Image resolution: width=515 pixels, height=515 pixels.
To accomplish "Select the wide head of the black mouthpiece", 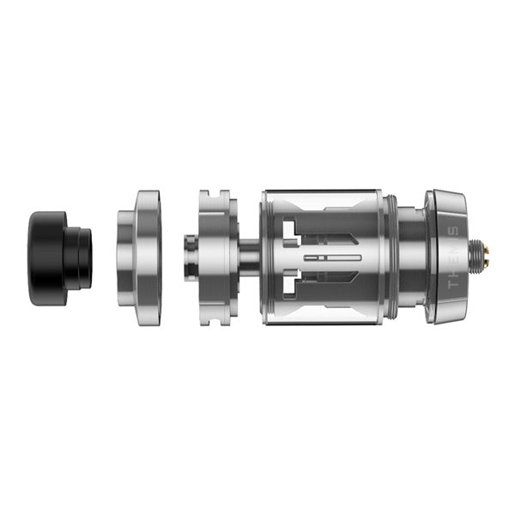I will coord(48,246).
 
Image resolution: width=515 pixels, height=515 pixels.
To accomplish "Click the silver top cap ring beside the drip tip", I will coord(141,257).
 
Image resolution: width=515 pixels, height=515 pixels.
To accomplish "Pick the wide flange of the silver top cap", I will coord(148,257).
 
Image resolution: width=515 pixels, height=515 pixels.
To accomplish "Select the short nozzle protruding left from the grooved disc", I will coord(191,256).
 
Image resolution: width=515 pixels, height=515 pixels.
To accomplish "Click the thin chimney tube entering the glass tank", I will coord(249,256).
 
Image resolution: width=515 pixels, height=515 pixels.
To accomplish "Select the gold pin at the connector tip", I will coord(488,256).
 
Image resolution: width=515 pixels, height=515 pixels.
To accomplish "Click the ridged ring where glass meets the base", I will coord(391,257).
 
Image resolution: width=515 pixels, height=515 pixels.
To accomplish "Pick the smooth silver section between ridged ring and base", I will coord(410,257).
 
